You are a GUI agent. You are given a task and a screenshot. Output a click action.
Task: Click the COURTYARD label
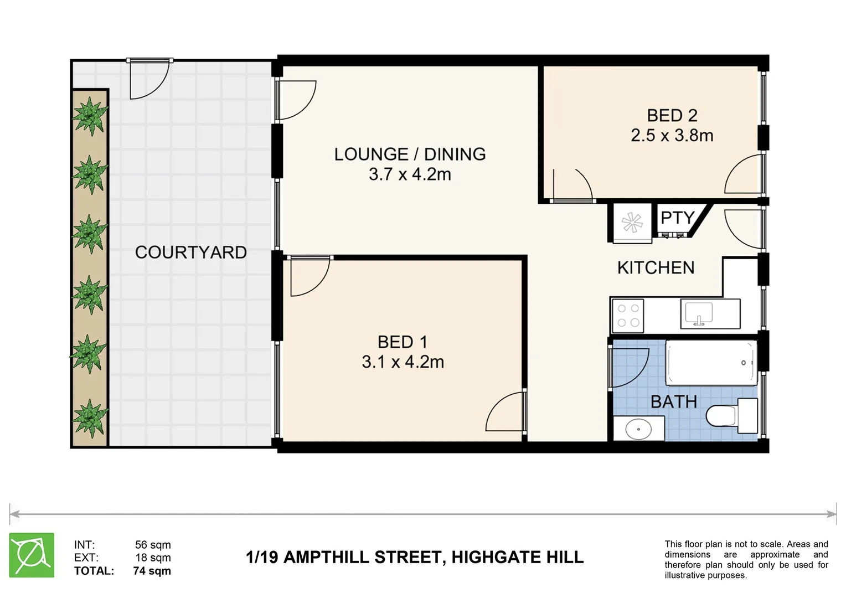pyautogui.click(x=190, y=252)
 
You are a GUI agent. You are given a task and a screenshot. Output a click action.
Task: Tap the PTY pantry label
pyautogui.click(x=678, y=218)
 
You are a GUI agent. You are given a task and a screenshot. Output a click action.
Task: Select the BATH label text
pyautogui.click(x=674, y=401)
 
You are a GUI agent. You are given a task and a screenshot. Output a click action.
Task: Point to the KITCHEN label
pyautogui.click(x=656, y=268)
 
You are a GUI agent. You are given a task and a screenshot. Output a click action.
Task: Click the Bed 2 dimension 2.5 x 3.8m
pyautogui.click(x=672, y=136)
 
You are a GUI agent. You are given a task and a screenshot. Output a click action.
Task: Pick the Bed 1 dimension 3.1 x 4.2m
pyautogui.click(x=403, y=362)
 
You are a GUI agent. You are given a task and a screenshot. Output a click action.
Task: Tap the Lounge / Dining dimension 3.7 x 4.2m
pyautogui.click(x=410, y=174)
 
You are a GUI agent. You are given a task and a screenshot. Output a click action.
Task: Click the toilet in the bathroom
pyautogui.click(x=731, y=415)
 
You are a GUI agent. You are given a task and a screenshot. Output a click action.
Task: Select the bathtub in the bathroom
pyautogui.click(x=711, y=363)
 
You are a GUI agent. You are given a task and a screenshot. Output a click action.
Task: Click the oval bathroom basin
pyautogui.click(x=638, y=429)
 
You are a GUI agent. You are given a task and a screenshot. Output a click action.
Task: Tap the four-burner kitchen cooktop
pyautogui.click(x=628, y=316)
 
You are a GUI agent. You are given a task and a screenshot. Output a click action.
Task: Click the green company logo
pyautogui.click(x=32, y=555)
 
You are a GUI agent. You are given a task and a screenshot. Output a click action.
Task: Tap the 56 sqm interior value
pyautogui.click(x=153, y=545)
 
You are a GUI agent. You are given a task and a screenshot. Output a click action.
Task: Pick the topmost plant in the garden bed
pyautogui.click(x=90, y=115)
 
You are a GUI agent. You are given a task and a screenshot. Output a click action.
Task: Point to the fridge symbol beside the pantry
pyautogui.click(x=632, y=223)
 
